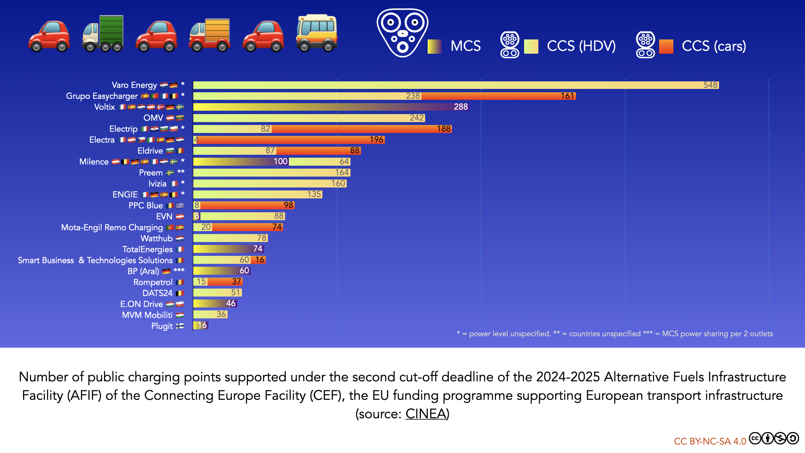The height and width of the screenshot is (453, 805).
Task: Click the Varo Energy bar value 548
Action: (710, 85)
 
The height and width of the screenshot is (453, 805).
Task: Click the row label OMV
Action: (153, 118)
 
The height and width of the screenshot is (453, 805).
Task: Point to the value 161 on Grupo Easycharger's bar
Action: (567, 96)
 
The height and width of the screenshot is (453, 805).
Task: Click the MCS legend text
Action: (465, 46)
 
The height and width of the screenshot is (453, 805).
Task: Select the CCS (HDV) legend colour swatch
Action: (531, 47)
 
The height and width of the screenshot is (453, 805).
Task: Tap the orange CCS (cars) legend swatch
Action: (666, 47)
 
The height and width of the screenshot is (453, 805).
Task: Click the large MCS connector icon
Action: (402, 33)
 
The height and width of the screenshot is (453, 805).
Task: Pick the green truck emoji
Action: (103, 34)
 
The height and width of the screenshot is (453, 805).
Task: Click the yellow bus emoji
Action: (317, 33)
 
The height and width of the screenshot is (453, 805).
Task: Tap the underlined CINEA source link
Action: (426, 414)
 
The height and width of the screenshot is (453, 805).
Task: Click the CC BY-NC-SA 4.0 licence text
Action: (710, 441)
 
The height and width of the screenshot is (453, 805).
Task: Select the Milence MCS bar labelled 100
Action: (241, 161)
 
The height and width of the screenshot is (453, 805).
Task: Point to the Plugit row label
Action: (162, 326)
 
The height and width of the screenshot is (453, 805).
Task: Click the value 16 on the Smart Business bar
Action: (260, 260)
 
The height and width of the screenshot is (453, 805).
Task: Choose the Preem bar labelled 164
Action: (271, 172)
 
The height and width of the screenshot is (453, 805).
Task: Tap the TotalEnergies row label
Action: (147, 250)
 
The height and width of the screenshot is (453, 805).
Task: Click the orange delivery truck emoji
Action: (210, 34)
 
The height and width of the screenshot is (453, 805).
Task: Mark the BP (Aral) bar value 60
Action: (244, 271)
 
